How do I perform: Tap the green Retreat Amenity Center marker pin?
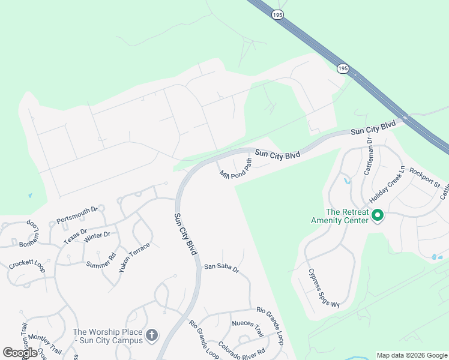pos(378,215)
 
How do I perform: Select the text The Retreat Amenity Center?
pos(348,216)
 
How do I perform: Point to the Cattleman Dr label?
pos(369,157)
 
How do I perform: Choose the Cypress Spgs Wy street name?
pos(324,287)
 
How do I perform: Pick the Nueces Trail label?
pos(247,329)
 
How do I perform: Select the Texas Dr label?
pos(75,236)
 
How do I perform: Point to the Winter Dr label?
pos(97,235)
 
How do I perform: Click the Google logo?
pos(20,353)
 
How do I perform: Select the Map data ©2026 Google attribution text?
pos(412,355)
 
